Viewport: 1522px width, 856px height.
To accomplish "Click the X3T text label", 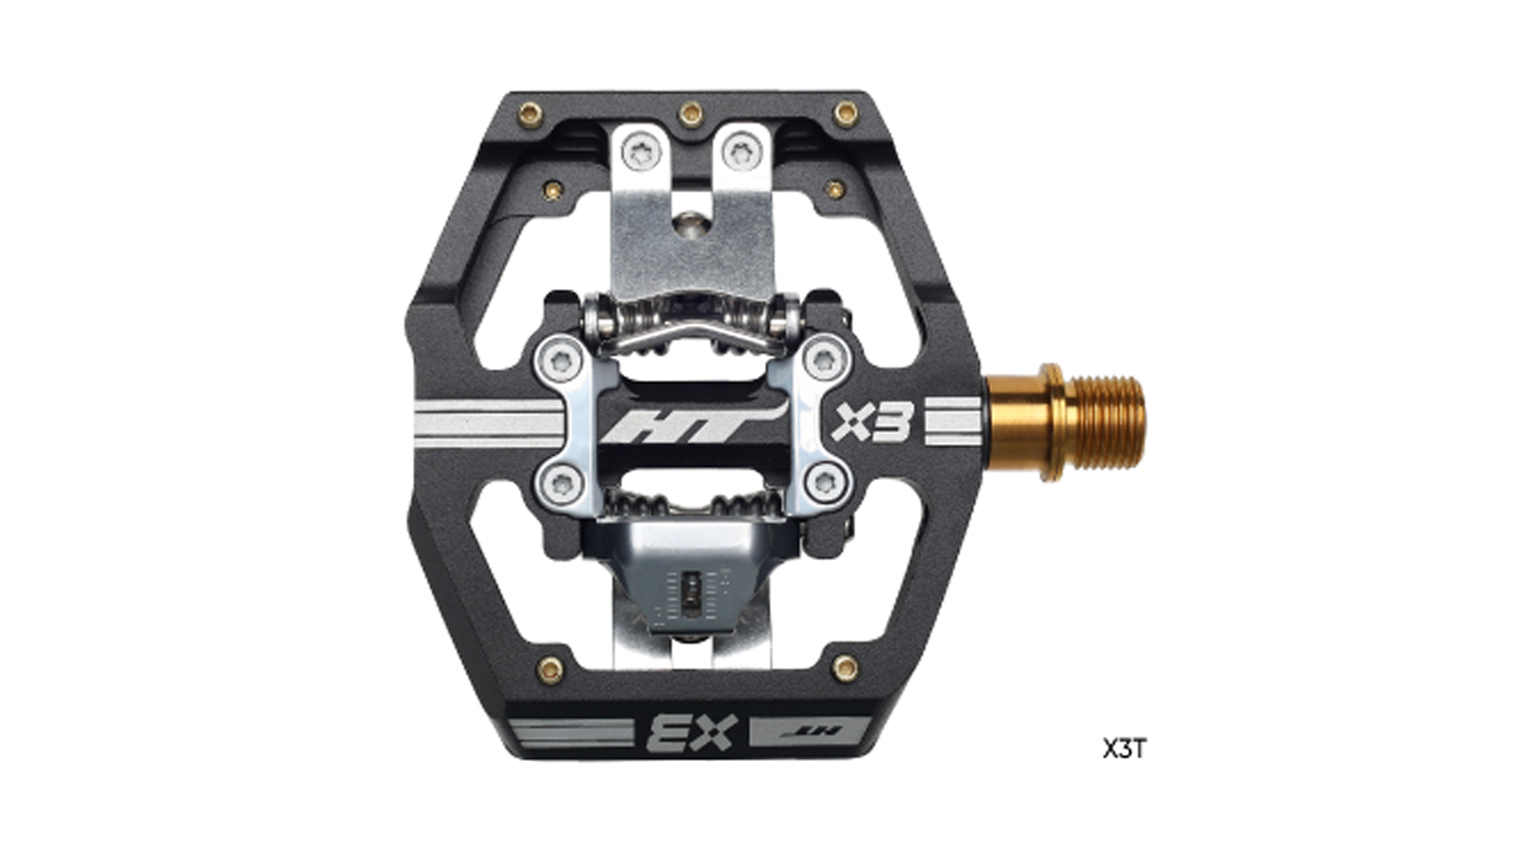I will point(1124,749).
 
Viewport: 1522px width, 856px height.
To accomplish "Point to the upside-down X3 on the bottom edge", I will point(692,732).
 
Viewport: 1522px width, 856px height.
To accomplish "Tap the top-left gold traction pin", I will point(531,116).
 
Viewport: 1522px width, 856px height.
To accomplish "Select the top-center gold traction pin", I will point(690,114).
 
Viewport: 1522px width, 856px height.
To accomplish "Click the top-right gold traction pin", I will point(846,114).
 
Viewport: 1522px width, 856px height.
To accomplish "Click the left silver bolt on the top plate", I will point(636,149).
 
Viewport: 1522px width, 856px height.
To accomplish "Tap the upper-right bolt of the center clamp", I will point(822,360).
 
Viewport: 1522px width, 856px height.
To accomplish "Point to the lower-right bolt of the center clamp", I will point(822,482).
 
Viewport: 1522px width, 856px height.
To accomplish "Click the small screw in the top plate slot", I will point(689,224).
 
